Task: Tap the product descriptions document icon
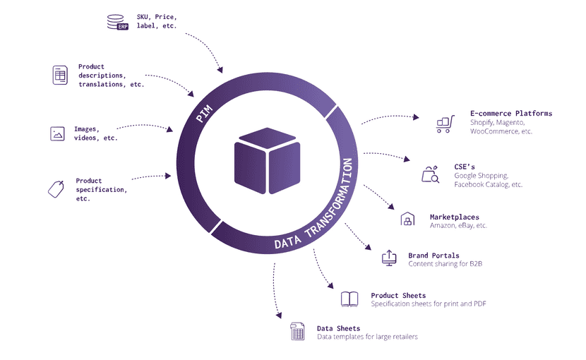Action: coord(60,75)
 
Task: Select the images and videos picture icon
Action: coord(58,133)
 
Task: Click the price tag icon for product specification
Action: coord(56,188)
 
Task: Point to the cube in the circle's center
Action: coord(267,160)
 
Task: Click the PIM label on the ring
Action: coord(205,113)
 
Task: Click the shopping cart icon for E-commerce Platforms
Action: coord(444,124)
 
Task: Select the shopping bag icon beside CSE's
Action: coord(430,174)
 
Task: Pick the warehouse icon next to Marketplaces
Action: coord(407,220)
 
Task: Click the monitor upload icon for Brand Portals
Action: coord(389,257)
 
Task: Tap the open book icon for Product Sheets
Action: coord(349,299)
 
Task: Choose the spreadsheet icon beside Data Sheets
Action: coord(298,331)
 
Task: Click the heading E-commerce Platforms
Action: coord(510,113)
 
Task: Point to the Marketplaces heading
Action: coord(454,217)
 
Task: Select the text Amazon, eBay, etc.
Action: coord(458,226)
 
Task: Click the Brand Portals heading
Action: coord(433,256)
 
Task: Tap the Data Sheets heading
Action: coord(338,328)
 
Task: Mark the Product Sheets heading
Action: coord(398,296)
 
